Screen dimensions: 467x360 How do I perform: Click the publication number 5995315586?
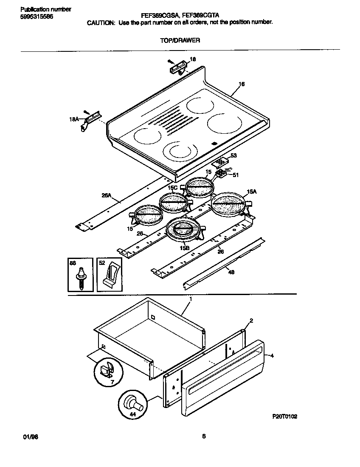coord(37,16)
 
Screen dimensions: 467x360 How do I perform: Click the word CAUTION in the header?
coord(101,23)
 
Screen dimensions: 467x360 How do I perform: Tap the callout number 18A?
coord(74,120)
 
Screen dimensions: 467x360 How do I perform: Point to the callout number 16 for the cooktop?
coord(241,84)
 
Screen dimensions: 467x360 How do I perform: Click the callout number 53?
coord(233,156)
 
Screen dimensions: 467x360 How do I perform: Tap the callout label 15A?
coord(252,192)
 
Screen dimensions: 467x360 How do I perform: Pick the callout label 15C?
coord(172,188)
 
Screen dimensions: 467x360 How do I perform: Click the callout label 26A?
coord(106,195)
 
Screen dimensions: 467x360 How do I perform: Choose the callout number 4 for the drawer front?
coord(272,356)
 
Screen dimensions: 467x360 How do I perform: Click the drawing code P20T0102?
coord(284,416)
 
